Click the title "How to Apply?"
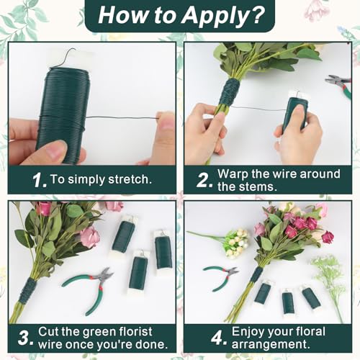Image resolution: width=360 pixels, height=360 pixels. pos(180,15)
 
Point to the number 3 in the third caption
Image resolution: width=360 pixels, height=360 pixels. pos(26,337)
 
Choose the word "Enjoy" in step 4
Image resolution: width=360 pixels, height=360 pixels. pos(250,331)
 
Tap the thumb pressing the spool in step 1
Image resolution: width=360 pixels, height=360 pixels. pos(50,151)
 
